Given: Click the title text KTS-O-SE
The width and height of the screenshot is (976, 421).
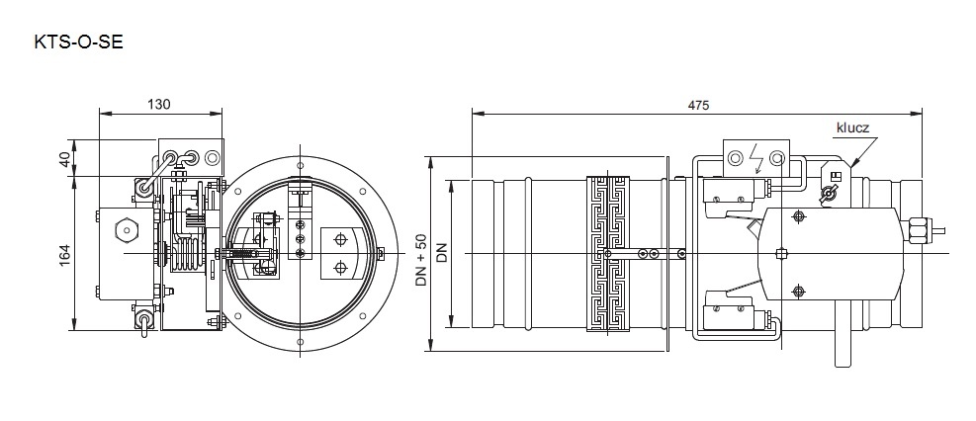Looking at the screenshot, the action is (x=78, y=42).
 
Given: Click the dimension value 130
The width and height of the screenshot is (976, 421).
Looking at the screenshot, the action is (x=159, y=104).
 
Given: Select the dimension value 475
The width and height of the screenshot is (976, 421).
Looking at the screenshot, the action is (x=698, y=105).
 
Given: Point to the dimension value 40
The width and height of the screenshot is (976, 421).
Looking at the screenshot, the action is (x=64, y=157).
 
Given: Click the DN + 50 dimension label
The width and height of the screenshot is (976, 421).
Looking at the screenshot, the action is (x=421, y=259).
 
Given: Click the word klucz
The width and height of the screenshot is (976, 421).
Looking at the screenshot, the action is (x=852, y=128).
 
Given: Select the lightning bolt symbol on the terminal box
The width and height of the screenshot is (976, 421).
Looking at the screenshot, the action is (x=756, y=158).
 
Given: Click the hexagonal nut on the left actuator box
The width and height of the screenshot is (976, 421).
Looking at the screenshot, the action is (x=126, y=230).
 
